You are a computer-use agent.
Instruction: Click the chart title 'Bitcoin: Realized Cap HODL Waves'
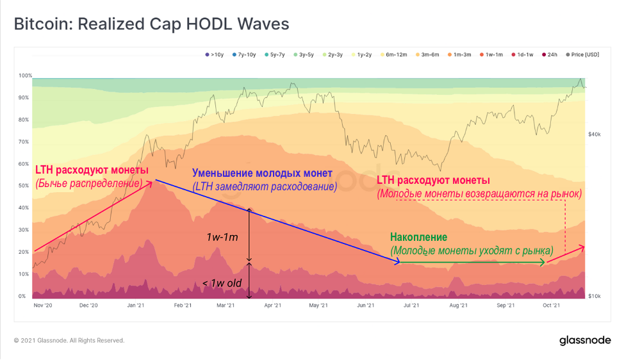point(152,24)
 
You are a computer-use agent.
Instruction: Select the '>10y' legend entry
point(215,55)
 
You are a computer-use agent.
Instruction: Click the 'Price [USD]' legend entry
point(583,55)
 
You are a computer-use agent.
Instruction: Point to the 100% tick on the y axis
point(25,76)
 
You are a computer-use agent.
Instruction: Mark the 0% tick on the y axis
point(22,296)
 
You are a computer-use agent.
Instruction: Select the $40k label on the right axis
point(594,134)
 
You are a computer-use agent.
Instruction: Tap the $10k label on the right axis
point(594,296)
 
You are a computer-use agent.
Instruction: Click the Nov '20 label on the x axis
point(43,306)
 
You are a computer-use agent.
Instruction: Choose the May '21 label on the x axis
point(318,306)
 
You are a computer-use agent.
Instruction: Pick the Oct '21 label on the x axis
point(552,306)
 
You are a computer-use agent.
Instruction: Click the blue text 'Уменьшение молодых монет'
point(262,174)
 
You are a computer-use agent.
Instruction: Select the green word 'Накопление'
point(418,237)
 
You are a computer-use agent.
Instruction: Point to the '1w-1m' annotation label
point(222,238)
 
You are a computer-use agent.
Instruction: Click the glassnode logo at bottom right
point(585,340)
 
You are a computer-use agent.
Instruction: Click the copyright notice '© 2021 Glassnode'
point(69,340)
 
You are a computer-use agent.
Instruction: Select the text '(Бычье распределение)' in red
point(88,184)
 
